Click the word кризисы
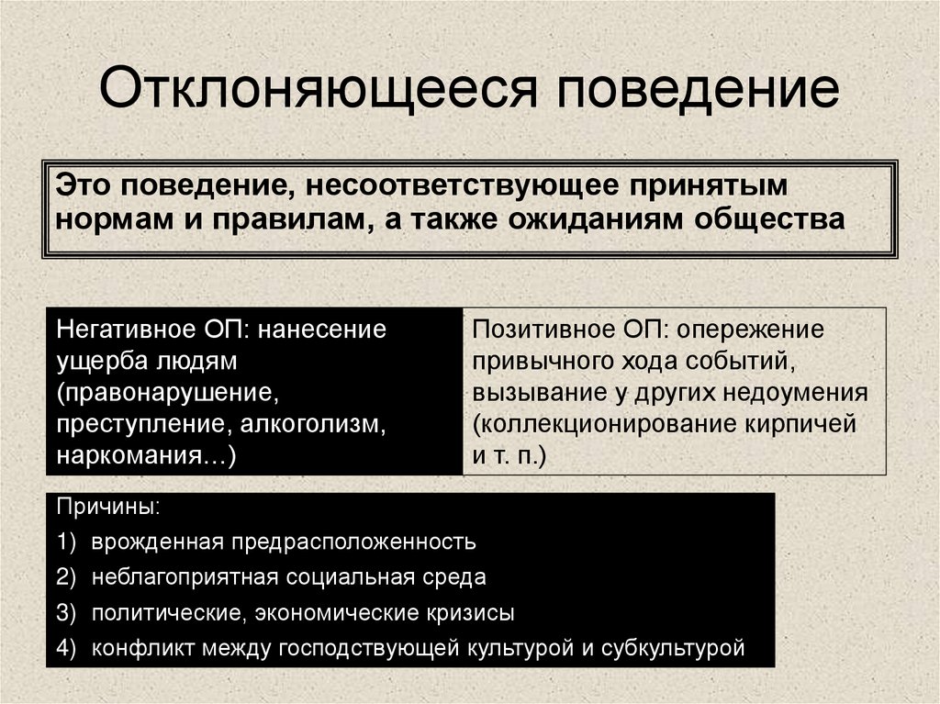[466, 612]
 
